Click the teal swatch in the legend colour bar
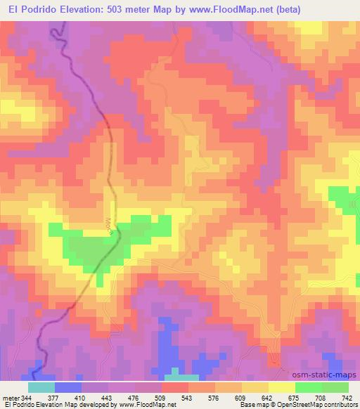[41, 387]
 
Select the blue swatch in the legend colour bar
[68, 387]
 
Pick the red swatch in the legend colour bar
[175, 387]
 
